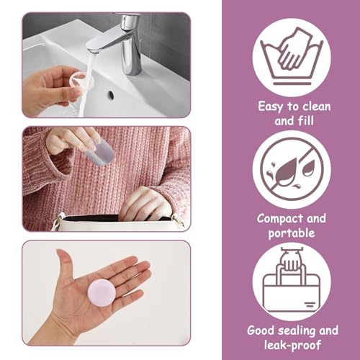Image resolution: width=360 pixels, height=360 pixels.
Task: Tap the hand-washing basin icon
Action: [292, 57]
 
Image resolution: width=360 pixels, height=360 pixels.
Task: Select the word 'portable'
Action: [292, 233]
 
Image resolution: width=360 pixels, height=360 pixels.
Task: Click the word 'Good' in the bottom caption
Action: [263, 330]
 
